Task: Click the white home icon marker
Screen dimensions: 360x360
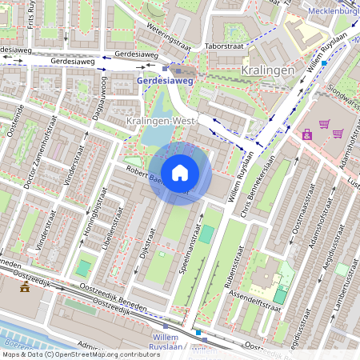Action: tap(180, 173)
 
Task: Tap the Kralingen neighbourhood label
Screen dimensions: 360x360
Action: tap(267, 71)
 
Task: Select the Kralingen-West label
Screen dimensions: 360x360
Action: tap(161, 121)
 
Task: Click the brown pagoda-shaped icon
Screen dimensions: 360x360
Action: tap(26, 286)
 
